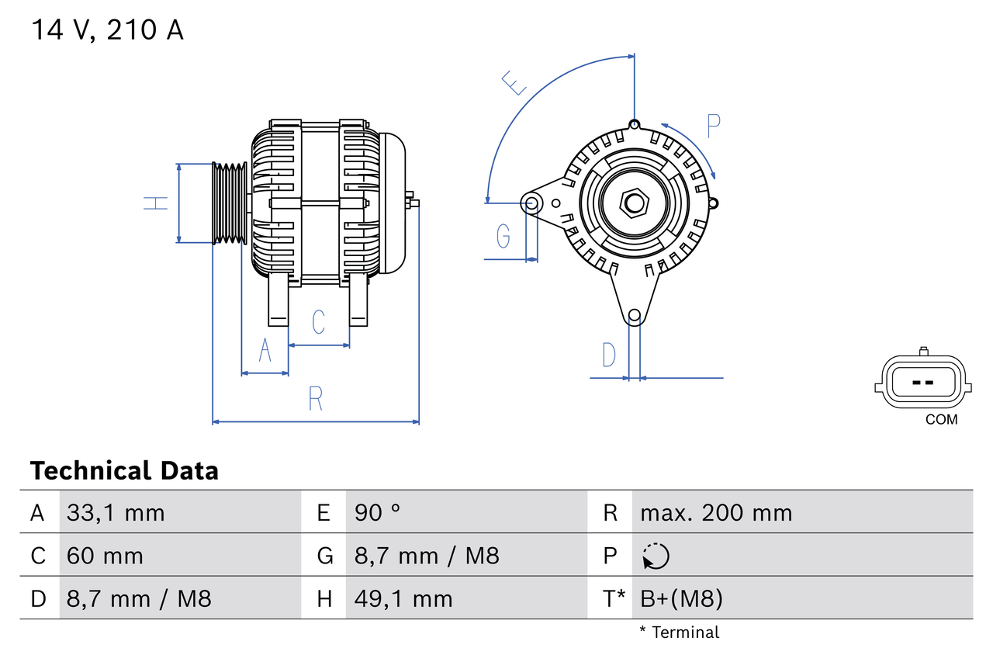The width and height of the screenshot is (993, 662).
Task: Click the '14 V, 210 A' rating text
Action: [107, 30]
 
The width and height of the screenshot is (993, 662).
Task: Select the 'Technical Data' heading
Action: [124, 471]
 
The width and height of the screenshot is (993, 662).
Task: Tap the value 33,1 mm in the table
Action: [116, 513]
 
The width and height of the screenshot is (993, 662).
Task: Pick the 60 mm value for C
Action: [105, 556]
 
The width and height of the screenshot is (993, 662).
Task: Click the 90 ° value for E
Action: [377, 513]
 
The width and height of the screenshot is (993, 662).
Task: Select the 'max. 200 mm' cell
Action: [715, 513]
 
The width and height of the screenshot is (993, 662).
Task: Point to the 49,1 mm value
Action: [403, 598]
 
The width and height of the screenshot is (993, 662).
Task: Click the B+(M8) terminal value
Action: [681, 598]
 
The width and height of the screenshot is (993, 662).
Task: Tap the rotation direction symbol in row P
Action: [656, 556]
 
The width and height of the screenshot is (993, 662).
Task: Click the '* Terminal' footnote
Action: [680, 633]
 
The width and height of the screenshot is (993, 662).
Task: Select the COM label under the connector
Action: [941, 420]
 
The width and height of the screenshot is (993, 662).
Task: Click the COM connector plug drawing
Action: [922, 383]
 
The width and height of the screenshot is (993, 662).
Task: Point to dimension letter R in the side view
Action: [315, 399]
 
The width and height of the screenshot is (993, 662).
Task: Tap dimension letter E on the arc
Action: [513, 82]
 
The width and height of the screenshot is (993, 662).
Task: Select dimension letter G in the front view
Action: [503, 234]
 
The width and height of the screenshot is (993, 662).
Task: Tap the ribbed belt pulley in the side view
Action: [230, 203]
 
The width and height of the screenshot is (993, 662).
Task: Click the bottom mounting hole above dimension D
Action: [635, 315]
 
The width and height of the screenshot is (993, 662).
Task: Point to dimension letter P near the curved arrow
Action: [714, 125]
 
